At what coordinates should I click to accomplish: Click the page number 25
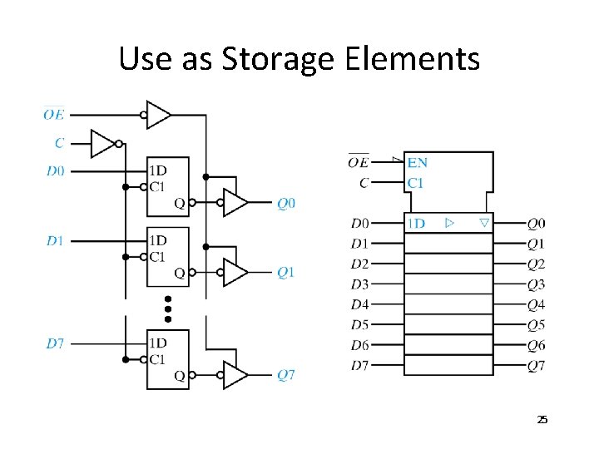(x=542, y=420)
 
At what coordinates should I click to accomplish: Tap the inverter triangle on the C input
(x=103, y=143)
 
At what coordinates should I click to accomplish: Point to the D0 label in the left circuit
(x=55, y=171)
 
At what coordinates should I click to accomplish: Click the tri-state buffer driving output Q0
(x=235, y=202)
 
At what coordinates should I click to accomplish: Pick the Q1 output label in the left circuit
(x=285, y=272)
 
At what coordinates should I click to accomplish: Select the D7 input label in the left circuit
(x=55, y=343)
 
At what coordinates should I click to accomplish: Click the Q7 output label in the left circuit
(x=285, y=375)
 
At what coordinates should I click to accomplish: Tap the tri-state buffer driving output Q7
(x=235, y=375)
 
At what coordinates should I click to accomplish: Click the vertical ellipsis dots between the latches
(x=167, y=308)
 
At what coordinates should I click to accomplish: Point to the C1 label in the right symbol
(x=416, y=182)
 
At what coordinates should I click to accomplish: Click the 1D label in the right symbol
(x=416, y=224)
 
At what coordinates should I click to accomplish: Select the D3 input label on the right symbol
(x=359, y=284)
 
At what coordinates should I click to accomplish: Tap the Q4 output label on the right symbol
(x=537, y=304)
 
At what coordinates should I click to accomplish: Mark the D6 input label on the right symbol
(x=359, y=345)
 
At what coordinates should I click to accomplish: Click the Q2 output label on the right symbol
(x=537, y=264)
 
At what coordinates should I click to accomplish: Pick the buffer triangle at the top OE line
(x=157, y=115)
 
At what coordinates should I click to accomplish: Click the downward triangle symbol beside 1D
(x=484, y=223)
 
